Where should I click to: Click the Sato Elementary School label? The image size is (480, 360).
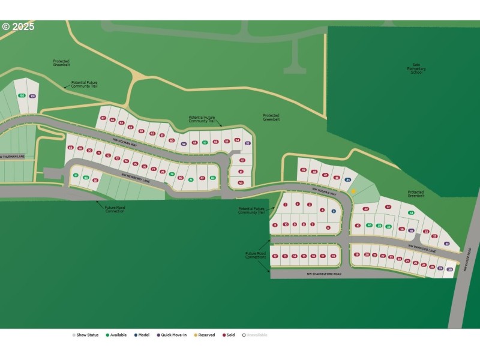tap(417, 68)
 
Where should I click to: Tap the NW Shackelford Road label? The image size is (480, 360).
tap(324, 274)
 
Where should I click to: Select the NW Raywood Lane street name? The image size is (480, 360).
tap(421, 246)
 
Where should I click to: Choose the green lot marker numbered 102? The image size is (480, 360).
tap(22, 95)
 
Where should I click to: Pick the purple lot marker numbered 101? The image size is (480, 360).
tap(32, 96)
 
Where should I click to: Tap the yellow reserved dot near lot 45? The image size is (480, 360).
tap(354, 191)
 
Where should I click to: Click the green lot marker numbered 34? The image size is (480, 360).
tap(411, 212)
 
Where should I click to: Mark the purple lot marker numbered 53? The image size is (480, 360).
tap(247, 143)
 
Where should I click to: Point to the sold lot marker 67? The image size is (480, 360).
tap(103, 118)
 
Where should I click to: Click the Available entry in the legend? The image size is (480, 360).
tap(117, 335)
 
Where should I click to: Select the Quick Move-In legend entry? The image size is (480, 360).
tap(172, 335)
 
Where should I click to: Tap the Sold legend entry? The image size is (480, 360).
tap(229, 335)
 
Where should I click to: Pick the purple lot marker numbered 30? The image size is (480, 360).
tap(449, 269)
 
